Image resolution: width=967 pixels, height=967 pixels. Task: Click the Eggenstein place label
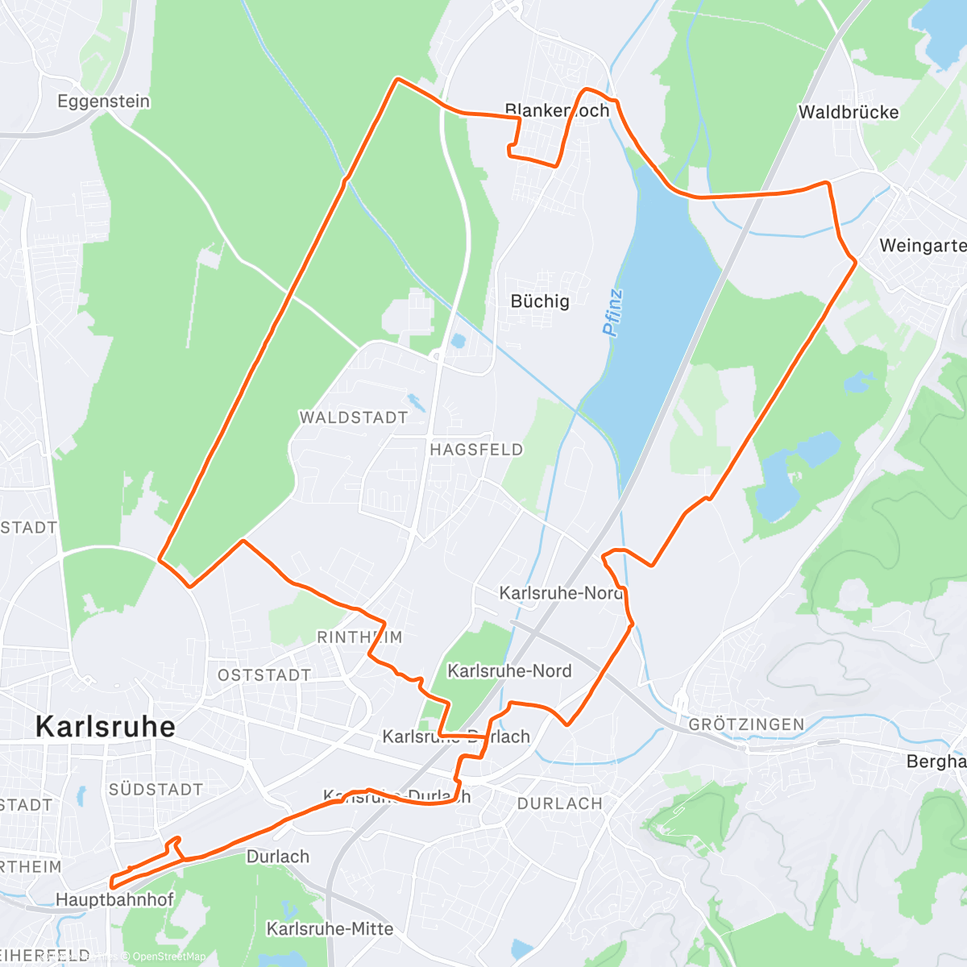pyautogui.click(x=103, y=102)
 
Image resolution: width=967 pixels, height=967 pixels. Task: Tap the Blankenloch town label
pyautogui.click(x=557, y=110)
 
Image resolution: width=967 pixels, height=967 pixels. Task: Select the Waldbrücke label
pyautogui.click(x=848, y=112)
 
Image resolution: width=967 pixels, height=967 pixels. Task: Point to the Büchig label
pyautogui.click(x=540, y=301)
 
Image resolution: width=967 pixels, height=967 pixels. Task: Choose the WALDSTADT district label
pyautogui.click(x=353, y=417)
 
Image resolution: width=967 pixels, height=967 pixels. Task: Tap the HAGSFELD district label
pyautogui.click(x=476, y=450)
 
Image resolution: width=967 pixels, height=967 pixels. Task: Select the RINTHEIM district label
pyautogui.click(x=359, y=637)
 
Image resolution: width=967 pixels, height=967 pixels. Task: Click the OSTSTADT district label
pyautogui.click(x=264, y=675)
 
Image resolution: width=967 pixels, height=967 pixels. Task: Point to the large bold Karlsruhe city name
pyautogui.click(x=106, y=727)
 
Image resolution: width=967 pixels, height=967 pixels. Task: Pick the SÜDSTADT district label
pyautogui.click(x=156, y=790)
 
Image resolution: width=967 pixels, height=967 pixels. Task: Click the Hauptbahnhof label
pyautogui.click(x=114, y=899)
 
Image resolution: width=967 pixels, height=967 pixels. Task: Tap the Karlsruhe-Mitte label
pyautogui.click(x=330, y=929)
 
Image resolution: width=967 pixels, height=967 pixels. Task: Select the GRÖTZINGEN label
pyautogui.click(x=746, y=724)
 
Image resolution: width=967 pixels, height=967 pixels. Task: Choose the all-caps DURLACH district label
pyautogui.click(x=559, y=803)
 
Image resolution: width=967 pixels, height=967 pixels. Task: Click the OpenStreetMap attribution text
pyautogui.click(x=168, y=957)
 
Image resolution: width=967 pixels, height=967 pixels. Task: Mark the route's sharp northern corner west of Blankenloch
pyautogui.click(x=396, y=79)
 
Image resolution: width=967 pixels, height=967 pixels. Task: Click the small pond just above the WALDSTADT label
pyautogui.click(x=416, y=401)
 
